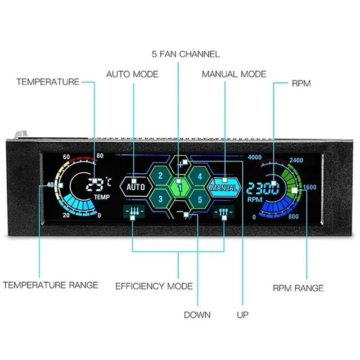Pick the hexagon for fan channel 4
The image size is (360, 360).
click(200, 176)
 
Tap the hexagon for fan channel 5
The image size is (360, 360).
click(200, 198)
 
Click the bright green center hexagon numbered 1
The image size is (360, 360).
click(180, 187)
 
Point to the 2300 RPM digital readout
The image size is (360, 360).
click(264, 188)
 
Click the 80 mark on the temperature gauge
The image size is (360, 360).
click(99, 156)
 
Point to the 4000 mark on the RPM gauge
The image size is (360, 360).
click(255, 157)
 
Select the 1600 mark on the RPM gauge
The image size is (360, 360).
click(310, 187)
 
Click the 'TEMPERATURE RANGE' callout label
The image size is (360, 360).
click(50, 285)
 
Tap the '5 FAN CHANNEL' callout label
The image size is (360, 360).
click(185, 54)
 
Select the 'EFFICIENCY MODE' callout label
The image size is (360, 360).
click(154, 286)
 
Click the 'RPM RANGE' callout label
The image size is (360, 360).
click(298, 288)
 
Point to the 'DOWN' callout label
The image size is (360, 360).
click(197, 315)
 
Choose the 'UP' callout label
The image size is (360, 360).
click(243, 315)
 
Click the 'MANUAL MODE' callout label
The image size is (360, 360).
click(234, 74)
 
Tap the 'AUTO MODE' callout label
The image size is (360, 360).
click(132, 74)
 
